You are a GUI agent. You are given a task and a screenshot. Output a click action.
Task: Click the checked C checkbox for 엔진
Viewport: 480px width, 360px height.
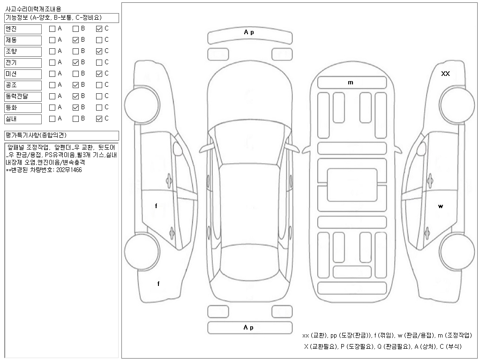tap(99, 29)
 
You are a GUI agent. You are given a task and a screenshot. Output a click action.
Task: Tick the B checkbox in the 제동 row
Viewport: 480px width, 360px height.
tap(75, 40)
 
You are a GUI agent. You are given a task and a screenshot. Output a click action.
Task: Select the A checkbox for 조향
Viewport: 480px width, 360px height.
tap(52, 51)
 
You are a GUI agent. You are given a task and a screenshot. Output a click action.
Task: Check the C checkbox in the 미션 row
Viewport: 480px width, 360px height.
tap(99, 74)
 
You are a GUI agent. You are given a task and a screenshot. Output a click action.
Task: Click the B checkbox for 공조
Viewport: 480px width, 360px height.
tap(75, 85)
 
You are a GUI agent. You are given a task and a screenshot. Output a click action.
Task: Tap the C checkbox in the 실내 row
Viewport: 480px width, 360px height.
tap(99, 119)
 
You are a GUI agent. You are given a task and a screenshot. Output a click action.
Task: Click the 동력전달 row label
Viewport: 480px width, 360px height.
tap(23, 97)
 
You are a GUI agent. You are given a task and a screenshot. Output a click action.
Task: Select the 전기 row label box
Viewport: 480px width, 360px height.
tap(23, 63)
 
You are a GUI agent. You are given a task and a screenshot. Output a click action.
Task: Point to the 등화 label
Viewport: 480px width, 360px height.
tap(23, 108)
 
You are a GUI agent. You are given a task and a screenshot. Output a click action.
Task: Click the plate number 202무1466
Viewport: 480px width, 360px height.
tap(68, 170)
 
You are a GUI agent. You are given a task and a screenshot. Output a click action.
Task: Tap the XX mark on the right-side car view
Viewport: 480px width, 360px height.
tap(445, 74)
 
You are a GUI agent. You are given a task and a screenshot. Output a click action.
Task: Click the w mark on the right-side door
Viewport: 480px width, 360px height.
tap(441, 206)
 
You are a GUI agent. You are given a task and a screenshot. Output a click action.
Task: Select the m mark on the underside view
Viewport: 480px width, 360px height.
tap(351, 82)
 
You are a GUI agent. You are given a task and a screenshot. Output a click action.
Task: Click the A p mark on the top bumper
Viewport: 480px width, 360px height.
tap(249, 32)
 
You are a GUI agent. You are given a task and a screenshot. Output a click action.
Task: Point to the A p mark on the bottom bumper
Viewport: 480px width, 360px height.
tap(249, 328)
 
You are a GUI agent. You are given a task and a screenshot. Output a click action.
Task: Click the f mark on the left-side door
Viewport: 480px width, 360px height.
tap(156, 206)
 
